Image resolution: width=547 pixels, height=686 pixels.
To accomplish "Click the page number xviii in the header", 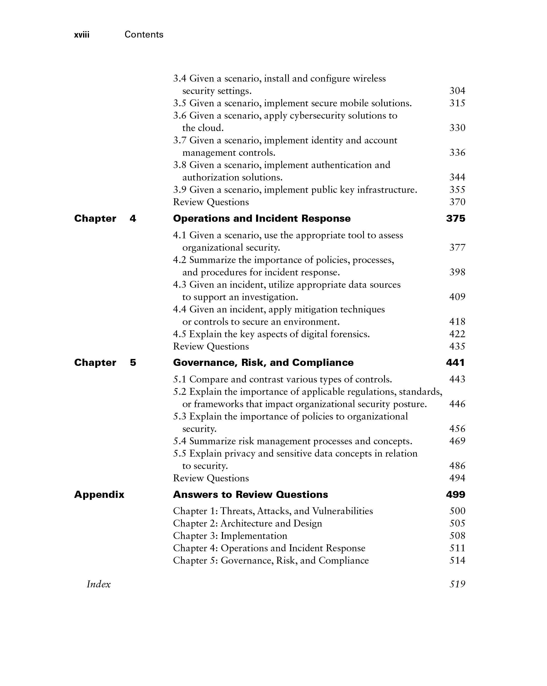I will (x=82, y=35).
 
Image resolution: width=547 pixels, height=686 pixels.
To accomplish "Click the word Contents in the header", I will (x=144, y=34).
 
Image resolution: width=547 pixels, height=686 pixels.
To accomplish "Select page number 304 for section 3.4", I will (x=457, y=91).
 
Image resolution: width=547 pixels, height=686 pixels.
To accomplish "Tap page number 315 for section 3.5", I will (x=457, y=103).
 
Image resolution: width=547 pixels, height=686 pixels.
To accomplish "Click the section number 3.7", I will (x=179, y=140).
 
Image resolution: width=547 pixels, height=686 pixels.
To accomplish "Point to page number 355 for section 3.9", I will (x=457, y=190).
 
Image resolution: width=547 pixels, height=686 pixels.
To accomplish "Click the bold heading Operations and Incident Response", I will (x=262, y=218).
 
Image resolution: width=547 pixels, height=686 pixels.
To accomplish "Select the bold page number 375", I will (x=455, y=218).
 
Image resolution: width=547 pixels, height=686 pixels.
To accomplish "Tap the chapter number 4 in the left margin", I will (x=133, y=218).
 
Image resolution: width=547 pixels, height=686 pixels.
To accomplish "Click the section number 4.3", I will (x=179, y=285).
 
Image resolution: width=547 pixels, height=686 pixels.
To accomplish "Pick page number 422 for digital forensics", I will (x=457, y=334).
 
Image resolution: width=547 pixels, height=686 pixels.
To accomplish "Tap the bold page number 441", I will (x=455, y=362).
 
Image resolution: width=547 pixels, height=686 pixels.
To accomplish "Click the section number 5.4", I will (x=179, y=441).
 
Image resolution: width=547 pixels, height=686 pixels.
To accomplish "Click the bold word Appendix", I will (x=99, y=494).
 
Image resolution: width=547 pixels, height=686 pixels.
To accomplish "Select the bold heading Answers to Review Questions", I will (x=250, y=494).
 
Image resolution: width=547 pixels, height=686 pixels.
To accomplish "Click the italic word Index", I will (x=99, y=584).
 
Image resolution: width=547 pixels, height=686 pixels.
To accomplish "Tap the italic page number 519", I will (x=457, y=584).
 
